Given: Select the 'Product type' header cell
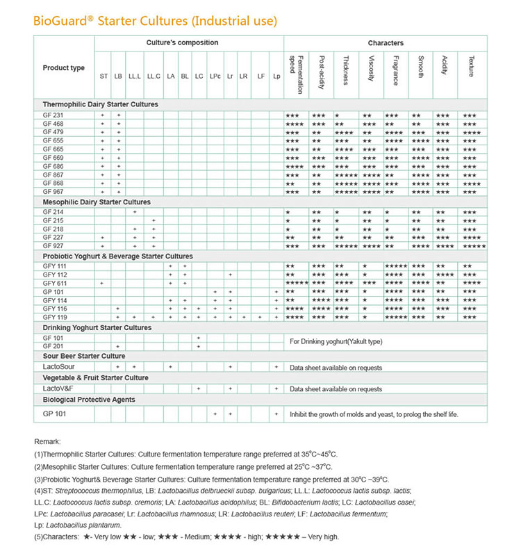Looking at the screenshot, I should tap(64, 67).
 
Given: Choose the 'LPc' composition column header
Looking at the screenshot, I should tap(215, 75).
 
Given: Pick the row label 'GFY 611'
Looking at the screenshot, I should tap(55, 284).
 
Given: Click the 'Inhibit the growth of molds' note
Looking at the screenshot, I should tap(374, 414).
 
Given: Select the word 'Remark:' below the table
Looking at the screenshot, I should tap(47, 441).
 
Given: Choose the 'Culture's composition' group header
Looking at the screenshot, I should tap(182, 43).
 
